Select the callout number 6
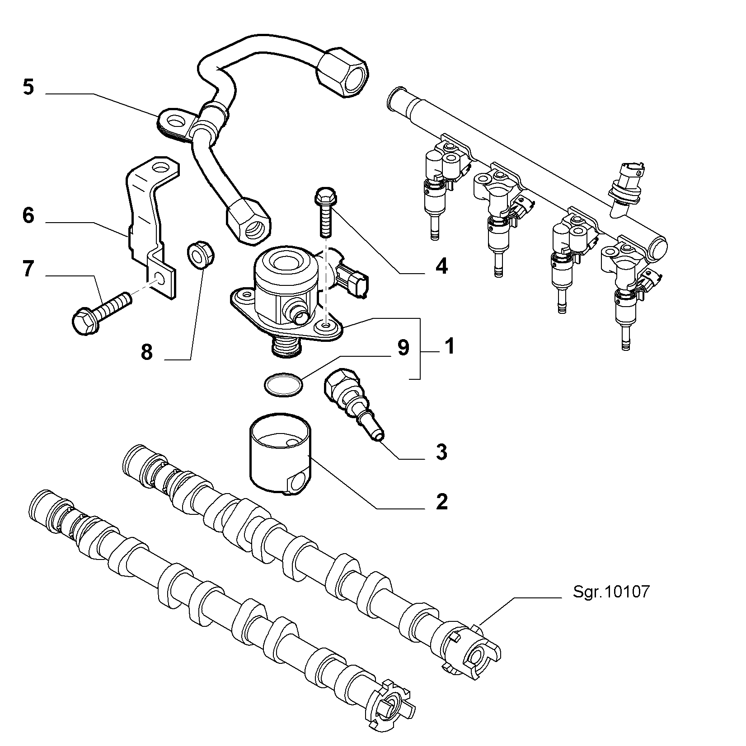[x=28, y=215]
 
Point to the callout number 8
[x=147, y=352]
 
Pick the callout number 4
[x=441, y=266]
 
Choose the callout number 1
[x=449, y=346]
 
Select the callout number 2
[x=441, y=501]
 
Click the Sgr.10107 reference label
[x=611, y=592]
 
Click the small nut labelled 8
[x=201, y=256]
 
